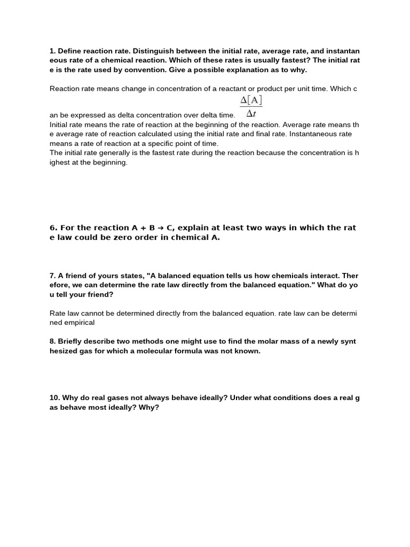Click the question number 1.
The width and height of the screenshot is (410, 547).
click(x=52, y=51)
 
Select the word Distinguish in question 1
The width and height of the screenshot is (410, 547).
click(x=154, y=51)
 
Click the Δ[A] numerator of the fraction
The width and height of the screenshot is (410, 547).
click(x=251, y=100)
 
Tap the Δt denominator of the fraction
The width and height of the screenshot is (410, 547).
click(x=251, y=113)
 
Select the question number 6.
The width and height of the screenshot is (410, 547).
click(x=53, y=228)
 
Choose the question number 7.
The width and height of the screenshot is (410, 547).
click(x=52, y=276)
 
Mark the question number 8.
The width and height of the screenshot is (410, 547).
click(x=52, y=341)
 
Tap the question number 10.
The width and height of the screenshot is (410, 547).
click(x=54, y=398)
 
